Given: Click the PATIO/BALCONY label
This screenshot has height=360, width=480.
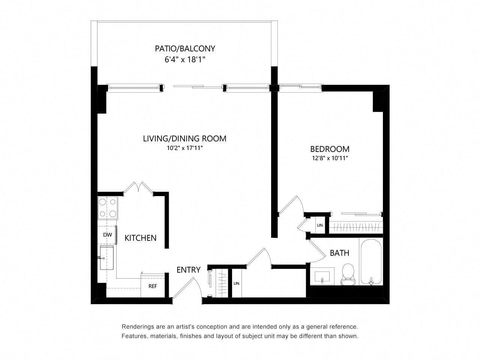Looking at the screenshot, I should pos(185,48).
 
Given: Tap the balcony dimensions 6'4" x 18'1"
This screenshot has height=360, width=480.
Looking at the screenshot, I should pos(185,60).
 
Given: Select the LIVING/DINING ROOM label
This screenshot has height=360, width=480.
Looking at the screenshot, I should pos(184,138).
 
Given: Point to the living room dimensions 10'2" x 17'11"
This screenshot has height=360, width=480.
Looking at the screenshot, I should pos(184,148).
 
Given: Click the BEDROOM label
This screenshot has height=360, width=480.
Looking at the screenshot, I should pos(330,149).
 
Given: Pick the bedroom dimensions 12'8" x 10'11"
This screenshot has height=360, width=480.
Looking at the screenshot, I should pos(330,158).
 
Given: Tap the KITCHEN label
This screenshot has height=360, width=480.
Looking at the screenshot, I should pos(140,238).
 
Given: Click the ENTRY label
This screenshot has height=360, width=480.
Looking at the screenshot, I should pos(188,270).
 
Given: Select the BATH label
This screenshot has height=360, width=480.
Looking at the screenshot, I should pos(339,253).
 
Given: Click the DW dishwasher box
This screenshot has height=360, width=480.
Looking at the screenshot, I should pos(108,235).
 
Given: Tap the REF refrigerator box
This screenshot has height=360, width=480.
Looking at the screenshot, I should pos(153,286).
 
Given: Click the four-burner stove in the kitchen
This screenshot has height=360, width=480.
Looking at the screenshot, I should pos(108,208).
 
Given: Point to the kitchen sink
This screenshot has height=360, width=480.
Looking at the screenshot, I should pos(107,258).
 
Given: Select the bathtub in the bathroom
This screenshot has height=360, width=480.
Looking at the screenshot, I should pos(371,262).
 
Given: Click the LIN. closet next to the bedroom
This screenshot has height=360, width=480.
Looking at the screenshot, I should pos(320,225).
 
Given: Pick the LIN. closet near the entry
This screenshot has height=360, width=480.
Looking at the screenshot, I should pos(237,283).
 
